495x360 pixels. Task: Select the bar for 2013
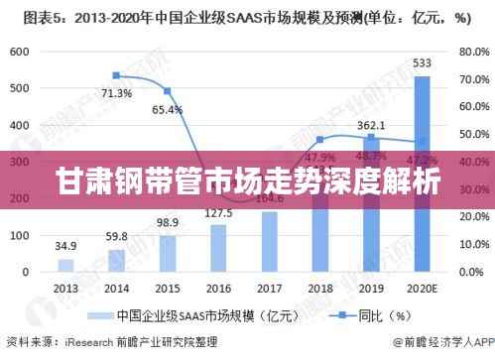click(65, 266)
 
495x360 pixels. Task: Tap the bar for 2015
click(168, 253)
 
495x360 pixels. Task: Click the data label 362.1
click(371, 125)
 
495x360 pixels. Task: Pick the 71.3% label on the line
click(116, 93)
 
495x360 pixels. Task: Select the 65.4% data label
click(167, 109)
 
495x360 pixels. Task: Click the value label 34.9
click(65, 244)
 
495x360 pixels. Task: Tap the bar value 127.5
click(218, 213)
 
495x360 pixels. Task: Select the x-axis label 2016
click(218, 288)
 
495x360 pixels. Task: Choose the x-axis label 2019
click(371, 288)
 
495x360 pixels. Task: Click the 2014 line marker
click(116, 75)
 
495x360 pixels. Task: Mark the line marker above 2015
click(168, 91)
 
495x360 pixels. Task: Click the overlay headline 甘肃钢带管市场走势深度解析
click(247, 182)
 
